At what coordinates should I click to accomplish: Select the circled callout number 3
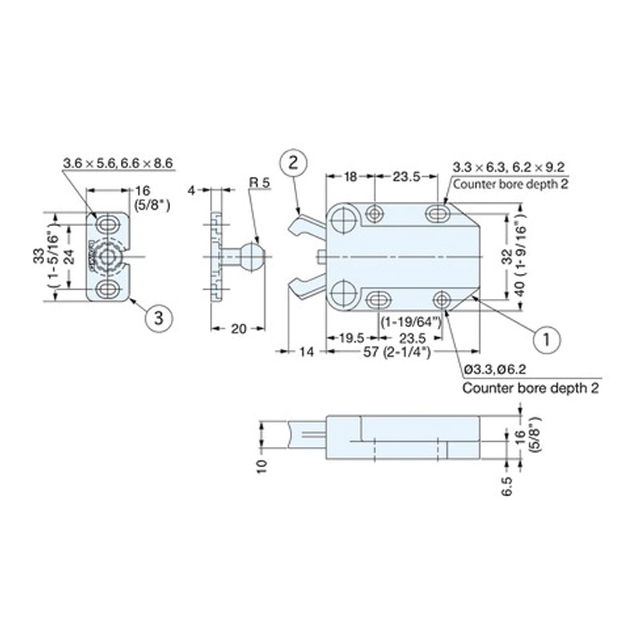point(159,317)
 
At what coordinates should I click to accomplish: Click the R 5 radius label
point(260,183)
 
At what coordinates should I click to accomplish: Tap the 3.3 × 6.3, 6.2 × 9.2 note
point(509,167)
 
